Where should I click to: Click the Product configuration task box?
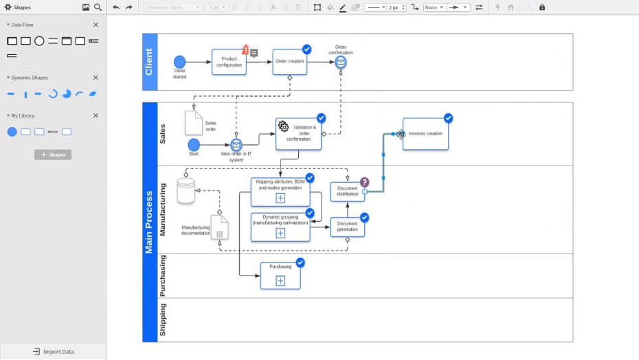click(229, 62)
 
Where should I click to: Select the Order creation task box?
click(289, 61)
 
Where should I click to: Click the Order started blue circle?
click(180, 62)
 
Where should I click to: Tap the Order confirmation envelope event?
click(341, 63)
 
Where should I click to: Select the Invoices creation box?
click(425, 134)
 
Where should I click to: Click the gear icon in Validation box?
click(283, 126)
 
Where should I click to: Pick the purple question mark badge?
click(364, 182)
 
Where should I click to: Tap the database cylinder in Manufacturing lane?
click(186, 191)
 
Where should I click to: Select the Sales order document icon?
click(193, 123)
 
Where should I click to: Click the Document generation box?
click(347, 226)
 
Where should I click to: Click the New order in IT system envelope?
click(236, 145)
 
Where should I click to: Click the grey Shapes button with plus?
click(53, 155)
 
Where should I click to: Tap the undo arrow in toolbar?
click(116, 8)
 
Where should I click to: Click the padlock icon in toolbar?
click(542, 8)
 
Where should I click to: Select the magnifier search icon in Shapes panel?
click(98, 8)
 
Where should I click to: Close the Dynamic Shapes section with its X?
click(96, 78)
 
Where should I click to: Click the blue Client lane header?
click(150, 62)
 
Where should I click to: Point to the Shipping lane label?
click(163, 319)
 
